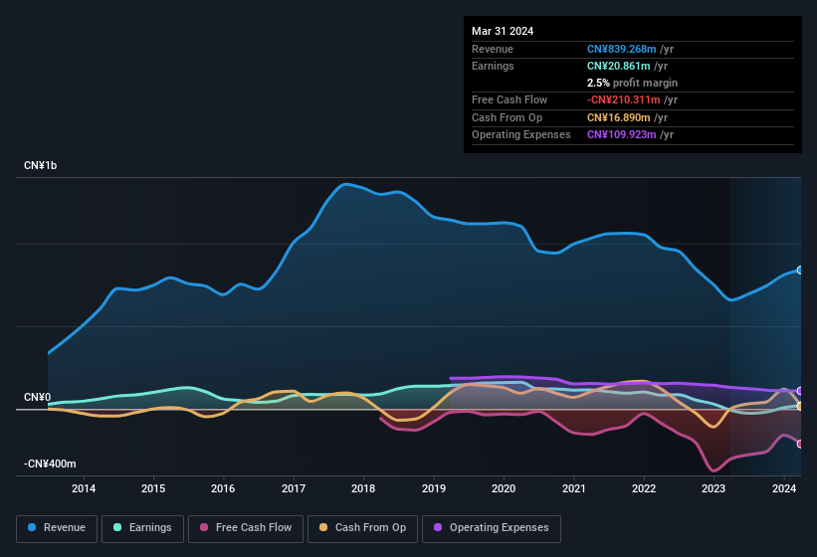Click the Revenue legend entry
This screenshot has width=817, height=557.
tap(58, 527)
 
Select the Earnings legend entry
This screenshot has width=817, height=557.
tap(142, 527)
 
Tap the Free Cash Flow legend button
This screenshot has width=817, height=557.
tap(246, 527)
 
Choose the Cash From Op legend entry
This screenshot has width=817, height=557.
tap(362, 527)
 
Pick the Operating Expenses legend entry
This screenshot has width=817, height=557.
tap(491, 527)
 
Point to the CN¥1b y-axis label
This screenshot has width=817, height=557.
tap(41, 165)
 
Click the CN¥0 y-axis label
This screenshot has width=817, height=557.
tap(37, 397)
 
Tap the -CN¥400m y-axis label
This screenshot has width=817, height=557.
tap(50, 464)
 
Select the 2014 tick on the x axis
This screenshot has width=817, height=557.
tap(84, 488)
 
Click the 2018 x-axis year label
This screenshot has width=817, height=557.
tap(363, 488)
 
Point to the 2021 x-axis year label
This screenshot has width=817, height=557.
tap(573, 488)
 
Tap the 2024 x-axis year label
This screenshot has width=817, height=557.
tap(784, 488)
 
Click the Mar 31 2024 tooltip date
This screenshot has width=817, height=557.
tap(503, 31)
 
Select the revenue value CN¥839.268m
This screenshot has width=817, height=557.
tap(622, 49)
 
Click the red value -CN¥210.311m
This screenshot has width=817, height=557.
tap(624, 99)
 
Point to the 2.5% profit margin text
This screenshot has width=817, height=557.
tap(632, 83)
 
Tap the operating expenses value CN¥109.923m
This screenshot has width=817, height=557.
tap(622, 134)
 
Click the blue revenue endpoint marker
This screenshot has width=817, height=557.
tap(799, 271)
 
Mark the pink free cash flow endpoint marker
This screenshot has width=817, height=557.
tap(799, 444)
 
